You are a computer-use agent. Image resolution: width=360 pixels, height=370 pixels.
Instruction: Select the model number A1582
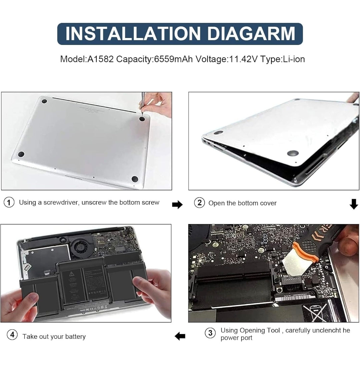99,59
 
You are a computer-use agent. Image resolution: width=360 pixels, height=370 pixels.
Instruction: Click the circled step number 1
9,202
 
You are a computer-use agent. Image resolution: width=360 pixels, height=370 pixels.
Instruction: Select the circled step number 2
199,202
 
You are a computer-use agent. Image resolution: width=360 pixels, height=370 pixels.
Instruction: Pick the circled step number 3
210,333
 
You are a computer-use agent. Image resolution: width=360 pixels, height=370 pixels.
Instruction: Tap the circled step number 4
12,335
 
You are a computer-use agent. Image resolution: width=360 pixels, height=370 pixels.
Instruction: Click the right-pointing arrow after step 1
177,205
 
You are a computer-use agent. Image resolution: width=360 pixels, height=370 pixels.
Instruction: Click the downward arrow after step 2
354,204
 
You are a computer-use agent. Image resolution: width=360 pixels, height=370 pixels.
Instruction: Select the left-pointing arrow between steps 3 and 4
180,336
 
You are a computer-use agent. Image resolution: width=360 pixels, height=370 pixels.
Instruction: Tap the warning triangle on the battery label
71,274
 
